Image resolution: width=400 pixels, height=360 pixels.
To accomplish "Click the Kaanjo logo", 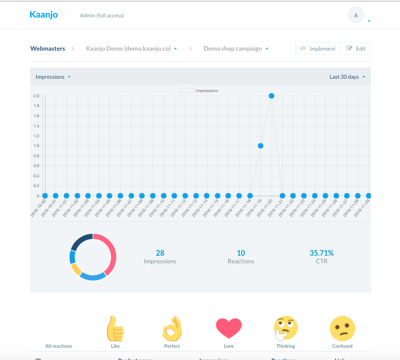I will [x=44, y=15].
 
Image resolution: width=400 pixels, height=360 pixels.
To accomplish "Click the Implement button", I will [x=318, y=49].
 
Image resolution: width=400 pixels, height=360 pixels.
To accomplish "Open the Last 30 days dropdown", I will [x=347, y=77].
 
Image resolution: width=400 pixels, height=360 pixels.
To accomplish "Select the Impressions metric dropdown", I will [x=53, y=77].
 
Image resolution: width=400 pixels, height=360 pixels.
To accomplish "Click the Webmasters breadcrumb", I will [x=48, y=49].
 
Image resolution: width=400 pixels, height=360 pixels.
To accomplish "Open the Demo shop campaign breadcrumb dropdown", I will [x=236, y=49].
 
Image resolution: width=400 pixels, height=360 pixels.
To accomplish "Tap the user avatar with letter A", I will [x=356, y=15].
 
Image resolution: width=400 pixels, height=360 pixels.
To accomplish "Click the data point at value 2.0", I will [x=271, y=96].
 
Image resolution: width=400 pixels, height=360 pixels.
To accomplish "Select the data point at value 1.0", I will [x=261, y=146].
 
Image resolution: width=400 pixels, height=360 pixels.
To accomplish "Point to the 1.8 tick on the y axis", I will [x=36, y=106].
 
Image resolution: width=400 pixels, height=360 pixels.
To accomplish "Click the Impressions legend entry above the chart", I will [x=199, y=91].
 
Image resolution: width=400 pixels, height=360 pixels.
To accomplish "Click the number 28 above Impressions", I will [x=160, y=253].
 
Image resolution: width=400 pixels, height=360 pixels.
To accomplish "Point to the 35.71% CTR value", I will [x=321, y=253].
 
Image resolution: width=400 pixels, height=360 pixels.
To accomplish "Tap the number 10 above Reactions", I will [x=241, y=253].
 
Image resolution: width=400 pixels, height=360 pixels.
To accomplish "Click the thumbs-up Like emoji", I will [x=115, y=328].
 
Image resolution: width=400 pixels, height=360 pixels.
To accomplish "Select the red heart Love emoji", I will [x=228, y=328].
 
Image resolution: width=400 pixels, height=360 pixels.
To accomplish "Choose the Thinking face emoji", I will [x=286, y=328].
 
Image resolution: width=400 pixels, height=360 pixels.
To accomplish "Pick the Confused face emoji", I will [x=342, y=328].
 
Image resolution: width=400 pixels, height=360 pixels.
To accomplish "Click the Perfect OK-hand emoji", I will [x=172, y=328].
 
